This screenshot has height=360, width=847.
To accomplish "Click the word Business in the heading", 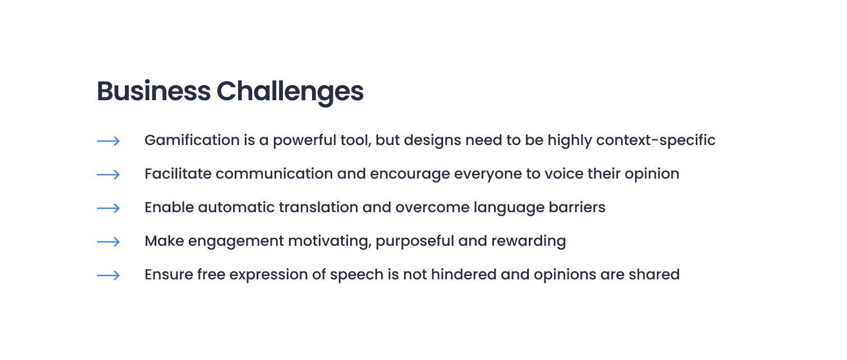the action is click(153, 91).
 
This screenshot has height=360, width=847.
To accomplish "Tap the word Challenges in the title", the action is click(290, 93).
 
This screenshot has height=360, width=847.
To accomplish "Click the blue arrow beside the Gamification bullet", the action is click(108, 141).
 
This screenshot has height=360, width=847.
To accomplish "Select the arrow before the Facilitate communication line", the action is click(108, 175).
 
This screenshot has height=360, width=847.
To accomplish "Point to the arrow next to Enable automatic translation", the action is click(108, 208).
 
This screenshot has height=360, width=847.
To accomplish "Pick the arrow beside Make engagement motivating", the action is click(108, 242).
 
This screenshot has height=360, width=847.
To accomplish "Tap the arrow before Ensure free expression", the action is click(108, 275).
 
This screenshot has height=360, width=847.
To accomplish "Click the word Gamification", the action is click(192, 140).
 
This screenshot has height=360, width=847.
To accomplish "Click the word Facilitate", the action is click(178, 174).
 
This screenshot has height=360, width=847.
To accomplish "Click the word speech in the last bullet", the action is click(357, 275).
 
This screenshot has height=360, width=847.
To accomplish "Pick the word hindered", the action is click(464, 275).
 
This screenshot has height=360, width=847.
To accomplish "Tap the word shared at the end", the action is click(654, 275).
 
